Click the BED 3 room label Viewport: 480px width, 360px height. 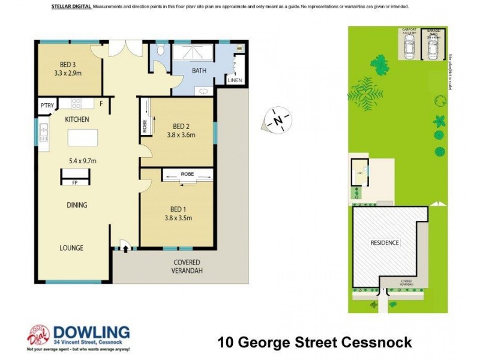[x=68, y=65]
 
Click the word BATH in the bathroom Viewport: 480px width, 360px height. [x=200, y=71]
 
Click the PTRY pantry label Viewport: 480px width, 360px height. [x=47, y=106]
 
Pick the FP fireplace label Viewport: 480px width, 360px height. [x=76, y=182]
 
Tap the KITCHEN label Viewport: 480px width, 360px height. [x=77, y=119]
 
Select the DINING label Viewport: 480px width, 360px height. [x=77, y=205]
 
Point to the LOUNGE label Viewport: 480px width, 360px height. [x=71, y=248]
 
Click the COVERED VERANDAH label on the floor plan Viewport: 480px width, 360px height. [x=187, y=266]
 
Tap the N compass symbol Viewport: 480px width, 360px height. [x=278, y=120]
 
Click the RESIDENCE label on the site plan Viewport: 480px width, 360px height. [x=384, y=243]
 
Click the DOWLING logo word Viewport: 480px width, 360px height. [x=92, y=332]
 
